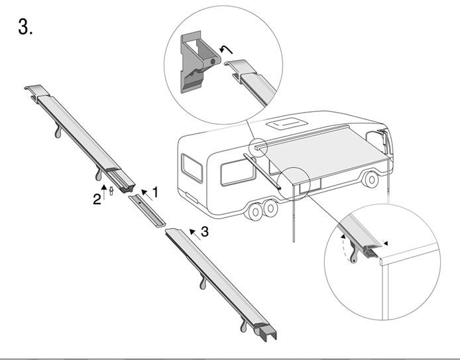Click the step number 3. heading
coord(25,27)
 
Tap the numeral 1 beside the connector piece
coord(155,192)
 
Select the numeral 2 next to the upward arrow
coord(97,199)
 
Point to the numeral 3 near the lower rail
coord(204,231)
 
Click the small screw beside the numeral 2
coord(111,191)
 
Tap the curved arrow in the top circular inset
coord(226,50)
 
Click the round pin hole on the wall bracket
coord(213,61)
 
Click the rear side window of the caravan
coord(237,172)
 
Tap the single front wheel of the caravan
coord(371,180)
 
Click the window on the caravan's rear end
coord(192,168)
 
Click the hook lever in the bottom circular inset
coord(355,252)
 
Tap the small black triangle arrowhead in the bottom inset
coord(386,243)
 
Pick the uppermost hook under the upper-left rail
coord(58,130)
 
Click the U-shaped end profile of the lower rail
coord(268,333)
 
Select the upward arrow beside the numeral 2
coord(104,192)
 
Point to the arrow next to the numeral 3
coord(195,235)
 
